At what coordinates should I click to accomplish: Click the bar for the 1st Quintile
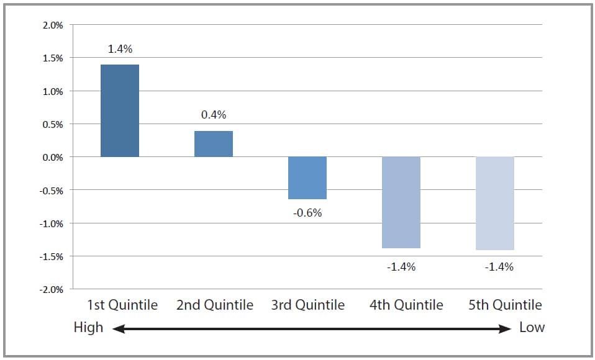(x=120, y=110)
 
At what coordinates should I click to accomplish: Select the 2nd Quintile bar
(x=214, y=144)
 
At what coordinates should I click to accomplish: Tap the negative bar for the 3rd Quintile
(x=307, y=178)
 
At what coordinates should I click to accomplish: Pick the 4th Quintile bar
(x=401, y=202)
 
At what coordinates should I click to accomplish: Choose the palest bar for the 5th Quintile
(x=495, y=203)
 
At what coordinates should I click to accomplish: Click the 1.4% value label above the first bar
(x=120, y=49)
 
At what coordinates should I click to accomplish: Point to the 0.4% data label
(x=214, y=115)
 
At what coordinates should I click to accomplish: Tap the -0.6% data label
(x=307, y=213)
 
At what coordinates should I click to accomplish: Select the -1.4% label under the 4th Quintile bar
(x=401, y=267)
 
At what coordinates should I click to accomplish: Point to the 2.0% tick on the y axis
(x=52, y=25)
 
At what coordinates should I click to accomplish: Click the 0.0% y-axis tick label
(x=52, y=158)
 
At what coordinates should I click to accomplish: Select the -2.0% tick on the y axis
(x=51, y=290)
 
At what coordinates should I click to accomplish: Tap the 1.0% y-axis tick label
(x=52, y=92)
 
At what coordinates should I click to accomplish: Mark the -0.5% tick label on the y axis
(x=51, y=191)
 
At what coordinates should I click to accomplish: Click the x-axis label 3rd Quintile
(x=307, y=305)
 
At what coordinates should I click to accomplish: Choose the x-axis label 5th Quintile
(x=504, y=305)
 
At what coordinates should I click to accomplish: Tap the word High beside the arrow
(x=88, y=327)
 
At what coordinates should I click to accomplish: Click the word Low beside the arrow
(x=532, y=327)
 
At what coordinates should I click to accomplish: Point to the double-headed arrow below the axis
(x=311, y=329)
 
